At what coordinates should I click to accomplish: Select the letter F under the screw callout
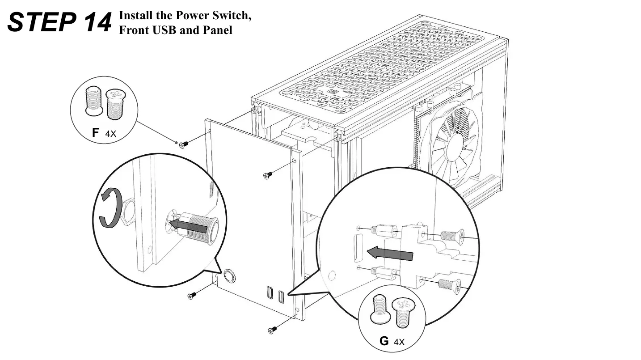click(x=95, y=132)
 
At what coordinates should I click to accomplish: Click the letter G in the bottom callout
click(x=384, y=341)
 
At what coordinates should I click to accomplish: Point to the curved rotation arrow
click(x=108, y=208)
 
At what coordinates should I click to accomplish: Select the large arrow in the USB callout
click(x=389, y=254)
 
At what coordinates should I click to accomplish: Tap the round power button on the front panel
click(x=229, y=275)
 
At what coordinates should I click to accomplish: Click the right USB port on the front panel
click(x=281, y=296)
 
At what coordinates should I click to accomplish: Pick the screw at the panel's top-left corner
click(x=184, y=144)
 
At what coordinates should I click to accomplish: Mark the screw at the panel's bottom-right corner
click(x=271, y=330)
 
